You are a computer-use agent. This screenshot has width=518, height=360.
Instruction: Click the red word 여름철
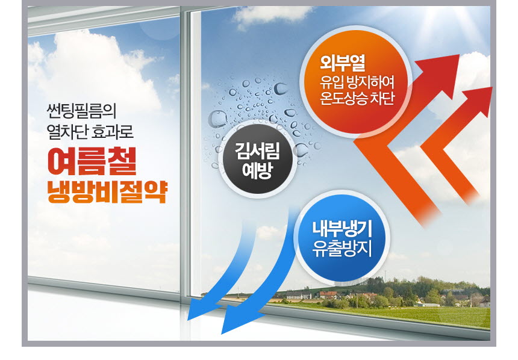pyautogui.click(x=92, y=162)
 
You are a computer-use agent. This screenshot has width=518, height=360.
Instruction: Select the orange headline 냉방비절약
pyautogui.click(x=107, y=192)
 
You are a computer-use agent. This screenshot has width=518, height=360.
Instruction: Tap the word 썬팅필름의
pyautogui.click(x=81, y=111)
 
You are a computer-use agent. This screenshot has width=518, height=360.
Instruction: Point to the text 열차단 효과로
pyautogui.click(x=90, y=131)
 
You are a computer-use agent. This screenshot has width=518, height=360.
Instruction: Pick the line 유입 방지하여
pyautogui.click(x=357, y=82)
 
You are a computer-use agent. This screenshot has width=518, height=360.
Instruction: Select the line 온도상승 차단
pyautogui.click(x=357, y=98)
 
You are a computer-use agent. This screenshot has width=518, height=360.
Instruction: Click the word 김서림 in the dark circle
pyautogui.click(x=257, y=151)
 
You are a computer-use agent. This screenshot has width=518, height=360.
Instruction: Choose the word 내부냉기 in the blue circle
pyautogui.click(x=342, y=229)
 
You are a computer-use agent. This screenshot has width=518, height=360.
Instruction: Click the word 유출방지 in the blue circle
pyautogui.click(x=342, y=249)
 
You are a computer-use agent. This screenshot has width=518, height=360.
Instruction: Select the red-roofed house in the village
pyautogui.click(x=328, y=294)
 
